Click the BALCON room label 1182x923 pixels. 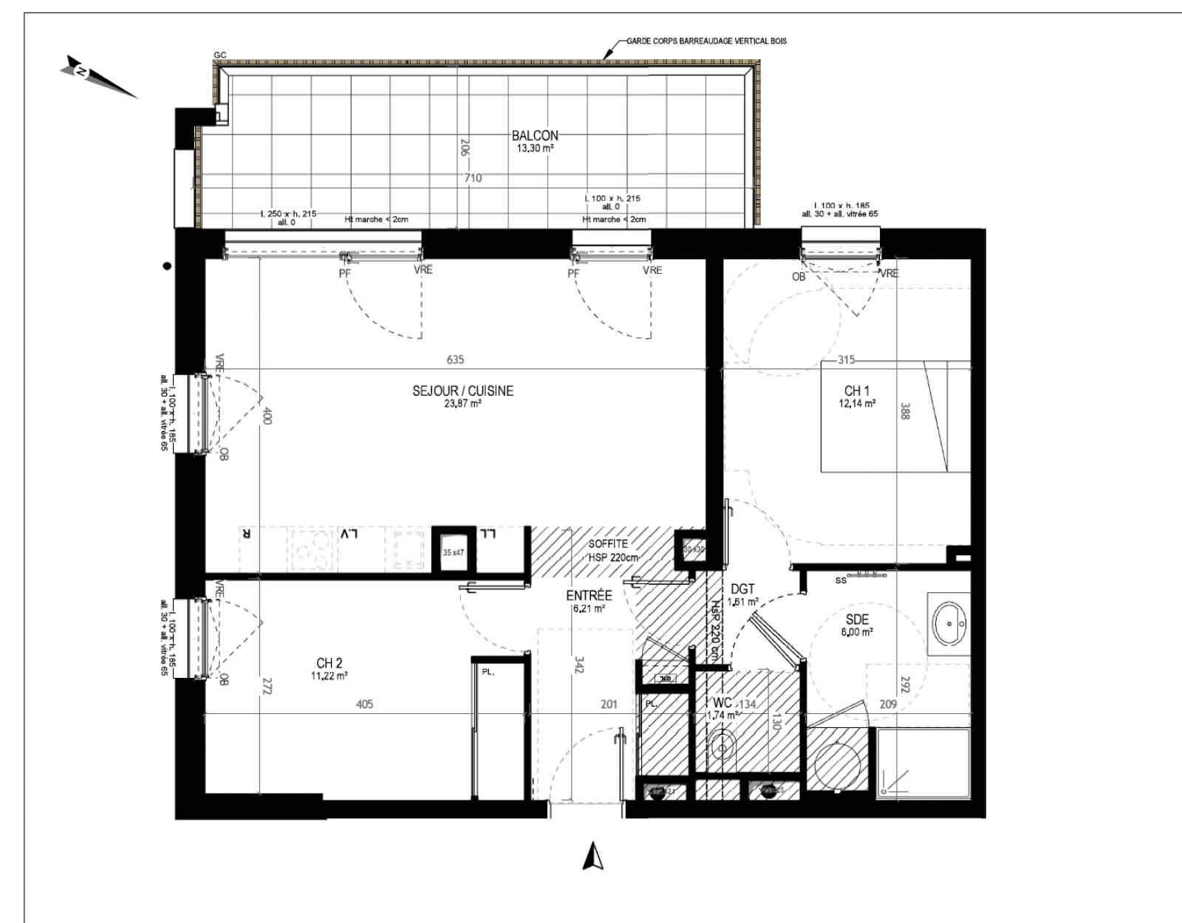(535, 136)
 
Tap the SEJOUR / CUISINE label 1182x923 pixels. (462, 391)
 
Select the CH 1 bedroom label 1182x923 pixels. (857, 391)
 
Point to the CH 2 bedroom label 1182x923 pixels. (329, 663)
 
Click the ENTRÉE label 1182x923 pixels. (589, 595)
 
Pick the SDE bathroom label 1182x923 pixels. (857, 620)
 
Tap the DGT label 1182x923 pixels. (742, 589)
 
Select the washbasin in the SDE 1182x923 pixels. (949, 622)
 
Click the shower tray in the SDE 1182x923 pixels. (923, 764)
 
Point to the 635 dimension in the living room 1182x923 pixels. (455, 360)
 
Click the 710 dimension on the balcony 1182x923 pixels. (473, 178)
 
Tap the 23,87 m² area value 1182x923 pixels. (462, 404)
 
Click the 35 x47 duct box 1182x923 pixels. (454, 551)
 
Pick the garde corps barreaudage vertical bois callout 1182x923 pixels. (706, 41)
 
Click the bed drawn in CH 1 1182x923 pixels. (895, 416)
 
